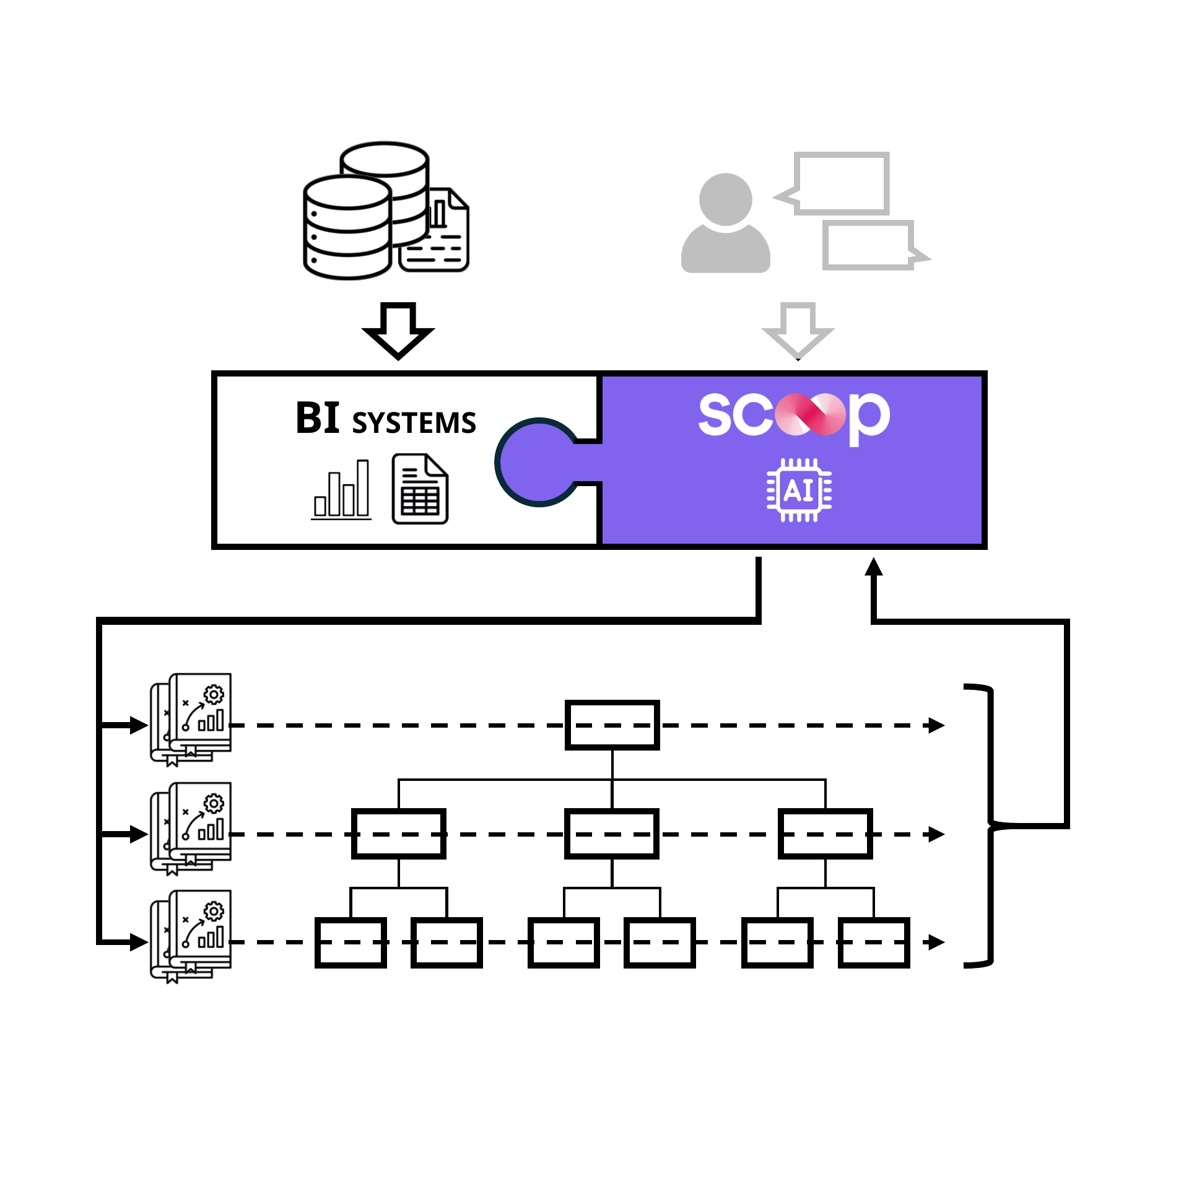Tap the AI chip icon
coord(799,490)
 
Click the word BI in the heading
coord(318,418)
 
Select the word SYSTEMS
coord(414,423)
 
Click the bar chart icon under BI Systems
coord(341,489)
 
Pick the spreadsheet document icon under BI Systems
coord(420,489)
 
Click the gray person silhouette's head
coord(726,199)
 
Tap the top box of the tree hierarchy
coord(612,725)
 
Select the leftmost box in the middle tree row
coord(399,834)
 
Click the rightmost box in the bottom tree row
coord(874,943)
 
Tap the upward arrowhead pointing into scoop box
coord(874,566)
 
